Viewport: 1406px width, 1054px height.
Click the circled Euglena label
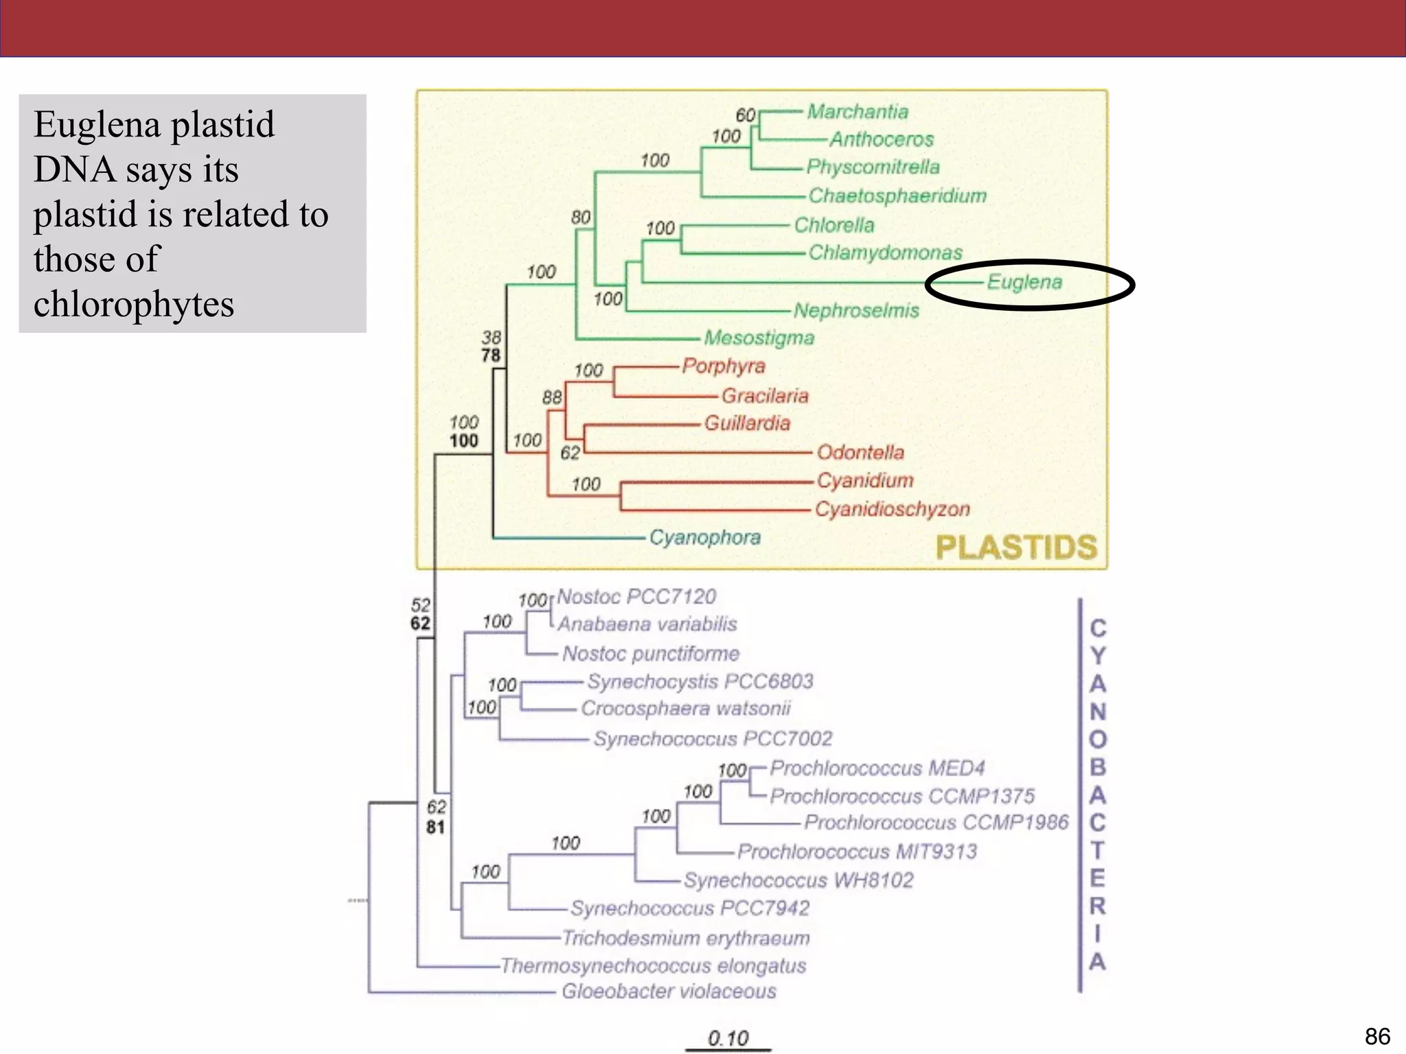pos(1024,282)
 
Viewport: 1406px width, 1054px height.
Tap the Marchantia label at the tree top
pos(857,111)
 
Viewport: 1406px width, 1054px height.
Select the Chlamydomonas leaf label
pos(885,253)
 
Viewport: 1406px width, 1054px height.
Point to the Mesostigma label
pos(759,338)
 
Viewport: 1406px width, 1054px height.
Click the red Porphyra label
pos(724,366)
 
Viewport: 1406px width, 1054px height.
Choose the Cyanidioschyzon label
pos(892,509)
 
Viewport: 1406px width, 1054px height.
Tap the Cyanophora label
pos(705,537)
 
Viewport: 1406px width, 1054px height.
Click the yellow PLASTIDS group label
pos(1017,548)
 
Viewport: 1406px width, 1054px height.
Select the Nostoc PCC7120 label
pos(636,596)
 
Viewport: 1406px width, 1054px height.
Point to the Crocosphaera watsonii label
pos(686,708)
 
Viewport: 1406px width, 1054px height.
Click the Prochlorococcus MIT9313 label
pos(857,852)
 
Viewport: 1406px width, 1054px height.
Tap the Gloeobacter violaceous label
pos(669,992)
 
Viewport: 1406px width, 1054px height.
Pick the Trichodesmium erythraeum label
pos(686,937)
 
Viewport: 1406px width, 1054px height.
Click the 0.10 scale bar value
pos(728,1038)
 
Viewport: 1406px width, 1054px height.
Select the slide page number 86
pos(1377,1036)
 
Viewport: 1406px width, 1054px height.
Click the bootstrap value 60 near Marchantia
pos(746,115)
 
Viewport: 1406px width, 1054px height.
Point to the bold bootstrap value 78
pos(491,355)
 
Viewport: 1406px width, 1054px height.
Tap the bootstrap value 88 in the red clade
pos(552,397)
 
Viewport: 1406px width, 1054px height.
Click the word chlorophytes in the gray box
pos(134,304)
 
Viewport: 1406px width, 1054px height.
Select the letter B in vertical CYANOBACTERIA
pos(1098,766)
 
